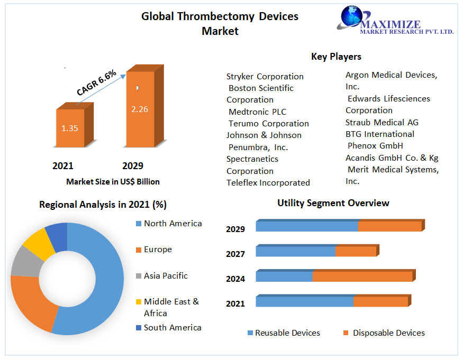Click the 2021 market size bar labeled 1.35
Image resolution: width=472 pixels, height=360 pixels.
(70, 128)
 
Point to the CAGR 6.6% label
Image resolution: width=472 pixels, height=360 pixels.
(96, 83)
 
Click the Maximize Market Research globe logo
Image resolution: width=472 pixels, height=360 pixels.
(351, 17)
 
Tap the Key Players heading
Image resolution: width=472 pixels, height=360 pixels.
(336, 57)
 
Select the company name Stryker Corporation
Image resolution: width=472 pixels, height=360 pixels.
(265, 77)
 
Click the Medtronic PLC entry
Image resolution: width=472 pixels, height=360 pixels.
(257, 112)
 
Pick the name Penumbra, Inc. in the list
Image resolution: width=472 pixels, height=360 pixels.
(258, 147)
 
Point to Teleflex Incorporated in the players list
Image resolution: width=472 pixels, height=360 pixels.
(268, 183)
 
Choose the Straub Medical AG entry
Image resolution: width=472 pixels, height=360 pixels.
(382, 122)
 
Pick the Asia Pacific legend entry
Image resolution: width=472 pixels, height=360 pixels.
(166, 276)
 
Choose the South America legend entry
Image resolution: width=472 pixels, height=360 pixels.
(173, 328)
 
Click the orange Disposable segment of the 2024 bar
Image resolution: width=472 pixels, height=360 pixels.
(362, 276)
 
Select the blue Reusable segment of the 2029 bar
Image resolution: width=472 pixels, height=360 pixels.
(307, 226)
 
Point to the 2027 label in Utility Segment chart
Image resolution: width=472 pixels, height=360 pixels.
(235, 254)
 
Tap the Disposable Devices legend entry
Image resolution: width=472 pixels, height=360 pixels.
(388, 333)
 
